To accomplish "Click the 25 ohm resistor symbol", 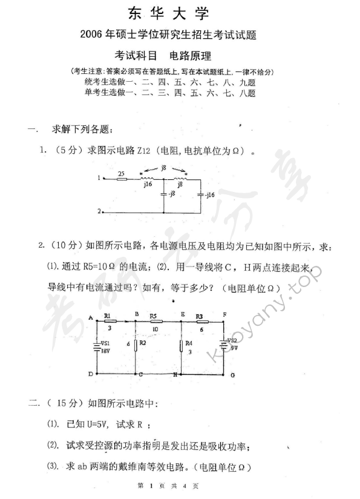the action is pyautogui.click(x=121, y=179).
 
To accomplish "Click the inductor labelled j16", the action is pyautogui.click(x=148, y=179).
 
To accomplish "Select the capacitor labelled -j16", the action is pyautogui.click(x=200, y=195).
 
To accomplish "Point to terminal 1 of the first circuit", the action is pyautogui.click(x=103, y=179).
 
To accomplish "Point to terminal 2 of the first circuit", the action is pyautogui.click(x=103, y=212).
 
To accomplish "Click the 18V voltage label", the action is pyautogui.click(x=105, y=351).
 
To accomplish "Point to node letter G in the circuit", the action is pyautogui.click(x=232, y=375).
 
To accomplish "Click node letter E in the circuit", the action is pyautogui.click(x=182, y=314).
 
